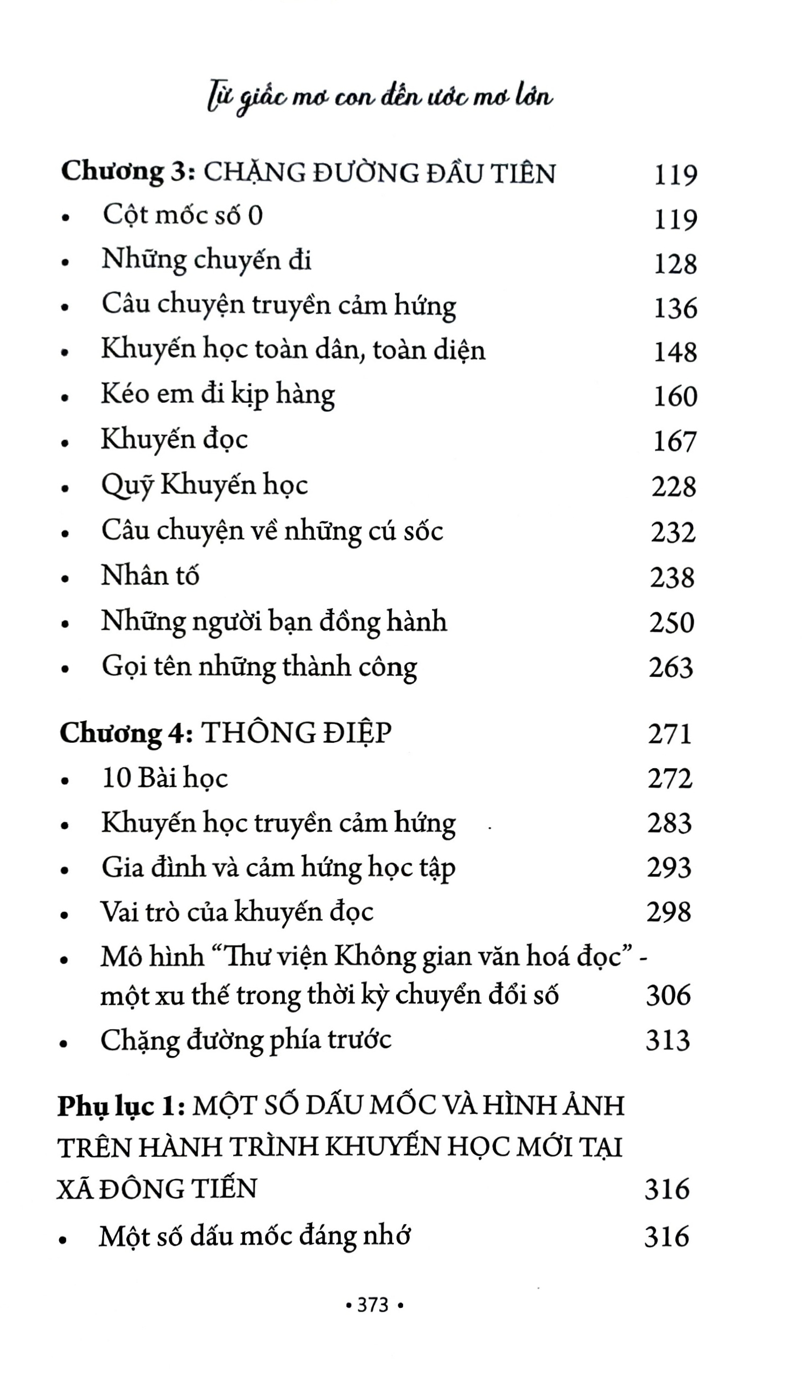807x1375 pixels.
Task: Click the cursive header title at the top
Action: pos(381,98)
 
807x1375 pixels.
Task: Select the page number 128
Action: pos(675,264)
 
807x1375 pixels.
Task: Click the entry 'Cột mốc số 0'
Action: pos(182,215)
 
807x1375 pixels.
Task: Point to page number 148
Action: pos(675,352)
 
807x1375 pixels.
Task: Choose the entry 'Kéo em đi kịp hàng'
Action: pos(218,394)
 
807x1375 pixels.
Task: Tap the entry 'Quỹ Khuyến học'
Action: pos(205,485)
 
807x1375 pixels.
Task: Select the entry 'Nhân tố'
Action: pos(150,576)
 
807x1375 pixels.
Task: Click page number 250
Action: pos(671,623)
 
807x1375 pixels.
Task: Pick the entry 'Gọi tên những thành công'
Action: pos(259,667)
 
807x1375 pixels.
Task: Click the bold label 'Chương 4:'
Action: pos(126,733)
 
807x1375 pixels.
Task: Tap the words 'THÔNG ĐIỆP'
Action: pos(296,733)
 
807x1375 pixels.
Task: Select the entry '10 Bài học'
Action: pos(165,778)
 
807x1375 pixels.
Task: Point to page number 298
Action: pos(668,913)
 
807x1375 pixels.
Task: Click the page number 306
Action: pos(668,995)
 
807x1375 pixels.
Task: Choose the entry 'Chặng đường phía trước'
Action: pos(246,1040)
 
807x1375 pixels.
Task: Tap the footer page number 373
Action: pos(374,1305)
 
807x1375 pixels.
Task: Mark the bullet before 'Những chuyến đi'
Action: pos(66,263)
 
